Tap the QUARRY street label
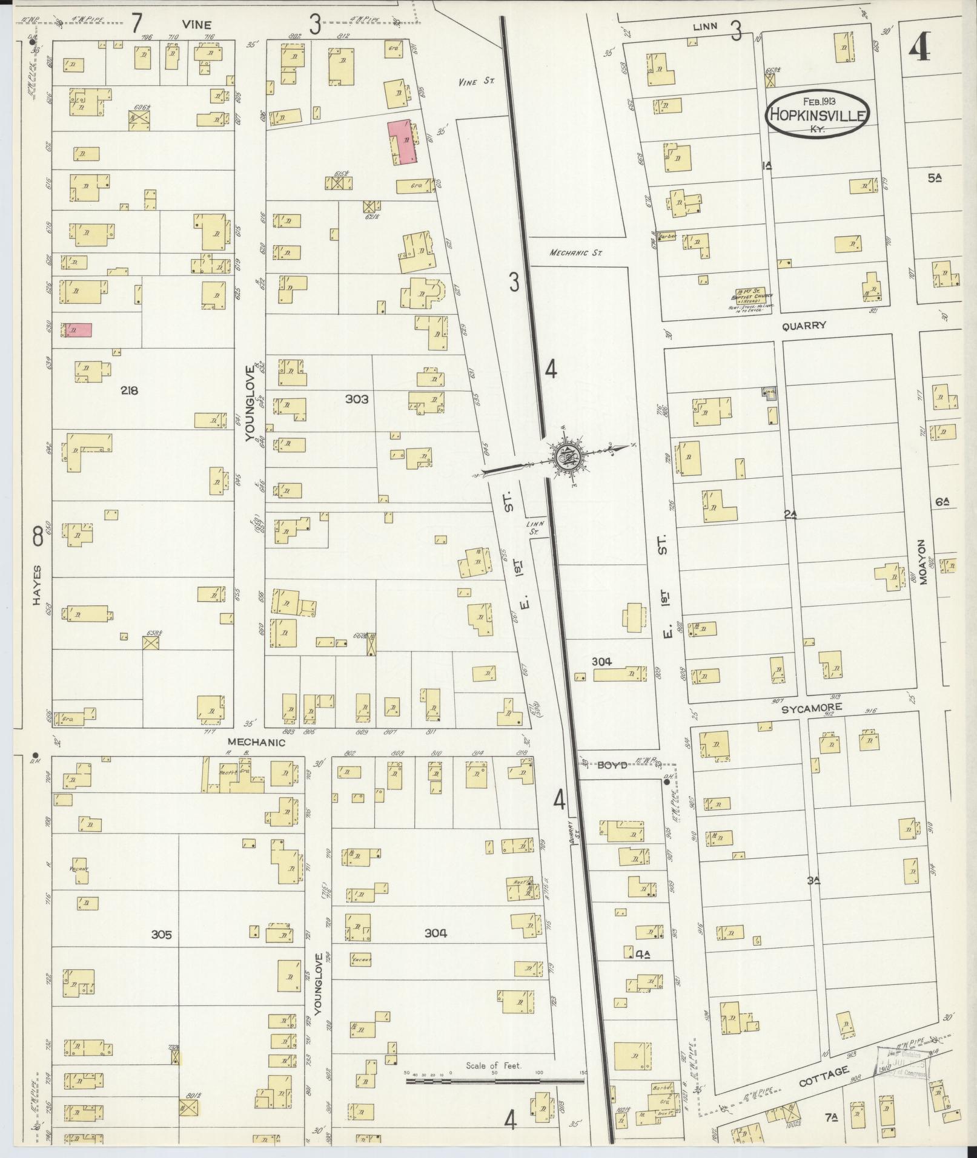click(804, 326)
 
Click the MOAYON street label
click(924, 562)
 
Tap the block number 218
click(129, 390)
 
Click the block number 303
click(357, 399)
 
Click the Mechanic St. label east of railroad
click(575, 254)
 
